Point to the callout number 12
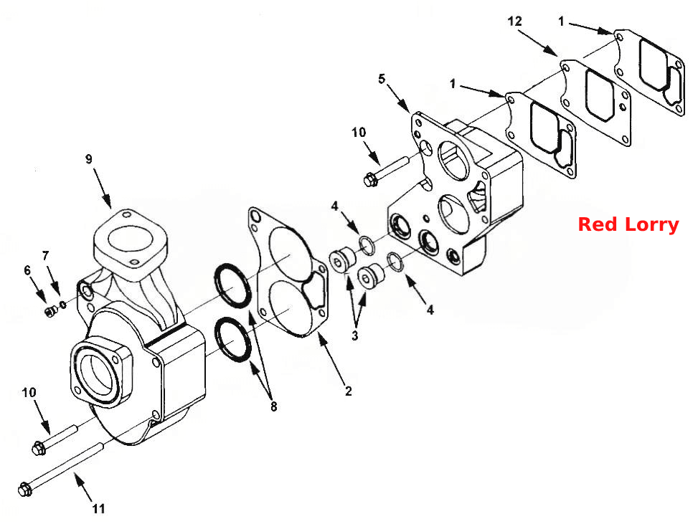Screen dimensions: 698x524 click(x=514, y=21)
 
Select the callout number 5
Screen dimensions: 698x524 click(x=382, y=79)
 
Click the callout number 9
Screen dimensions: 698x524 click(x=88, y=159)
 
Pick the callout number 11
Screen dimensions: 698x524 click(x=99, y=508)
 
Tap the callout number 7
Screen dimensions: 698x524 click(x=45, y=256)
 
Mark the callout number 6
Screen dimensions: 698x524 click(x=27, y=270)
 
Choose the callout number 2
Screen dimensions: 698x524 click(x=348, y=391)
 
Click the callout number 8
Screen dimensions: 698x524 click(x=273, y=406)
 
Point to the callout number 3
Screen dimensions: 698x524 click(x=354, y=335)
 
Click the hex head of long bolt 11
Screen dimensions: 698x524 click(x=25, y=490)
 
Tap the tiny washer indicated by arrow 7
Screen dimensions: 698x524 click(x=63, y=305)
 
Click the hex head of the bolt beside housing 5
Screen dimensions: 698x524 click(x=370, y=180)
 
